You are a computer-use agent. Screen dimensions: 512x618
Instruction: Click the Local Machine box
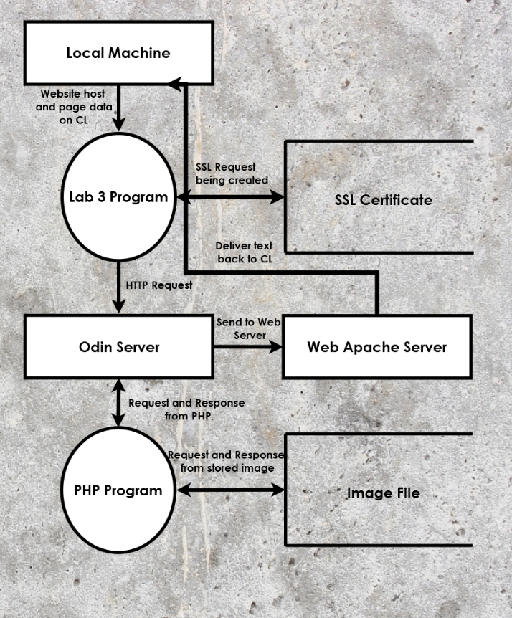pos(118,53)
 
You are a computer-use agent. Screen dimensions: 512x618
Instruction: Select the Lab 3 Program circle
pos(118,196)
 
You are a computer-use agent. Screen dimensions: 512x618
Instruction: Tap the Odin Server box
pos(118,347)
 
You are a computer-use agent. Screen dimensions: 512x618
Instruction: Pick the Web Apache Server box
pos(377,347)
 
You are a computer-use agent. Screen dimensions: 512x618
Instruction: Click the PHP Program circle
pos(118,490)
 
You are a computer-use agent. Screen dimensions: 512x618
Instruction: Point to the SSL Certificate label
pos(384,200)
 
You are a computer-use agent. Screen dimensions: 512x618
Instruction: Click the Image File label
pos(383,493)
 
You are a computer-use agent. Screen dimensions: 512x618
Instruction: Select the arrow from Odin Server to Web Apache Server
pos(248,347)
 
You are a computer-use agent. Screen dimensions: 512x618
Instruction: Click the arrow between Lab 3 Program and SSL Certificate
pos(231,196)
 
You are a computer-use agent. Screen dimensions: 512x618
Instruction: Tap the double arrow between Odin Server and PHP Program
pos(118,402)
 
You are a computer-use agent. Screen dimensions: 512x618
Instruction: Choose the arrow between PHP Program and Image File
pos(231,490)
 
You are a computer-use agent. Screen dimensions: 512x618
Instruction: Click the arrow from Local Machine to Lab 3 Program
pos(118,108)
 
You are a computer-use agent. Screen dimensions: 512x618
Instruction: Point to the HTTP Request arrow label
pos(159,285)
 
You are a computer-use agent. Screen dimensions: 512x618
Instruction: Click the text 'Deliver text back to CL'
pos(245,252)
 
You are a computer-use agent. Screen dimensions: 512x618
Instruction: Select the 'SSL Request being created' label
pos(232,173)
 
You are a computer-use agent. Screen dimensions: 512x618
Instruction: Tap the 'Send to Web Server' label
pos(249,328)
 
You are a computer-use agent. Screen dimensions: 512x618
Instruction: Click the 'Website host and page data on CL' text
pos(74,107)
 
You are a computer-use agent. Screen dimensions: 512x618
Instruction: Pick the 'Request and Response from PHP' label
pos(187,409)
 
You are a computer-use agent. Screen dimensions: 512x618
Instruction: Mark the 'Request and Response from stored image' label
pos(227,461)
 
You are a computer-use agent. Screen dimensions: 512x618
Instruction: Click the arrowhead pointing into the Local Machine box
pos(175,84)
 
